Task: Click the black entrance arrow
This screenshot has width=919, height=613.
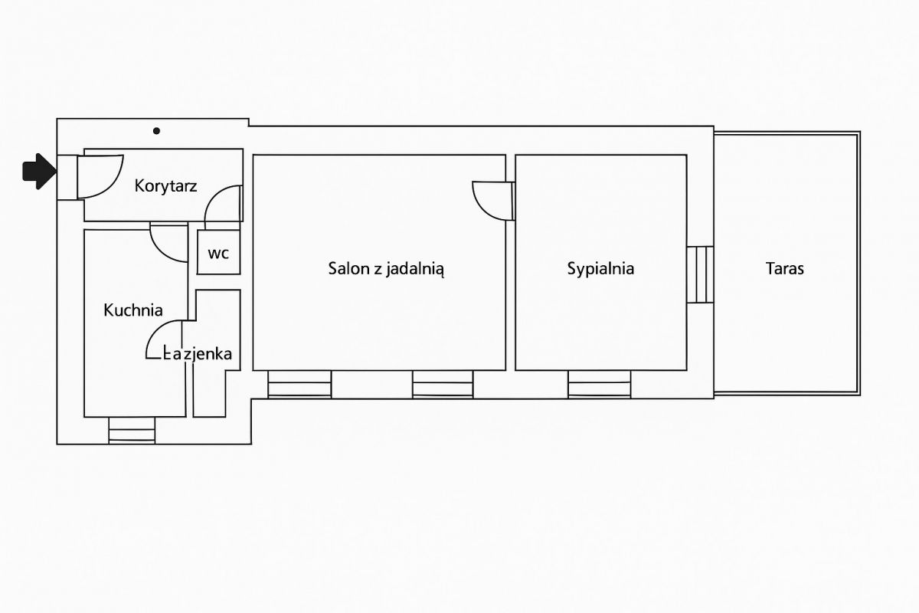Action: (x=39, y=172)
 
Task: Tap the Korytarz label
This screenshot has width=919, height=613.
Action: (x=165, y=186)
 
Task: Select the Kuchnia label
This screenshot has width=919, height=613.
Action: (x=133, y=310)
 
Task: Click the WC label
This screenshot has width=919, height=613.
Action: (x=218, y=254)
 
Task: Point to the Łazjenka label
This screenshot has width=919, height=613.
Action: (x=198, y=353)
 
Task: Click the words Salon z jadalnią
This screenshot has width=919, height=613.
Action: (x=386, y=269)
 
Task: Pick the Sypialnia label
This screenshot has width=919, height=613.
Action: (x=600, y=269)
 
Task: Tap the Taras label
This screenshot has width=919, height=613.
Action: (x=784, y=268)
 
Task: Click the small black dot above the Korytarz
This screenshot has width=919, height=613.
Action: (x=156, y=131)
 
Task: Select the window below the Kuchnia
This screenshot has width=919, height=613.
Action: (x=132, y=430)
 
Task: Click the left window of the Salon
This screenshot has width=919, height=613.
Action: (x=299, y=385)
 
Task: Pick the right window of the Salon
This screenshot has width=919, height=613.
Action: (x=443, y=385)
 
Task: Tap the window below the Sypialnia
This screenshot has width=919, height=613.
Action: (x=600, y=385)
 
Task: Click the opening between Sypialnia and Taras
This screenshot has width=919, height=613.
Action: (x=700, y=274)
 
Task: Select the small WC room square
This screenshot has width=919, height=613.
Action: (x=219, y=252)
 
